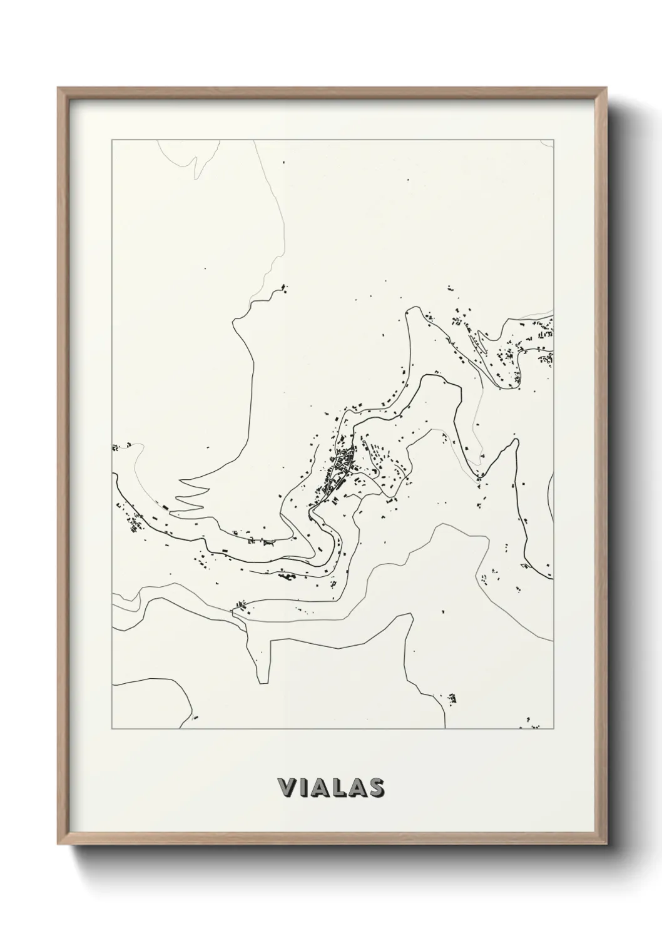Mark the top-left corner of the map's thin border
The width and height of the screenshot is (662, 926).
tap(112, 140)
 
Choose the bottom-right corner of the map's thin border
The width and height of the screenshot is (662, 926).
tap(554, 728)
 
